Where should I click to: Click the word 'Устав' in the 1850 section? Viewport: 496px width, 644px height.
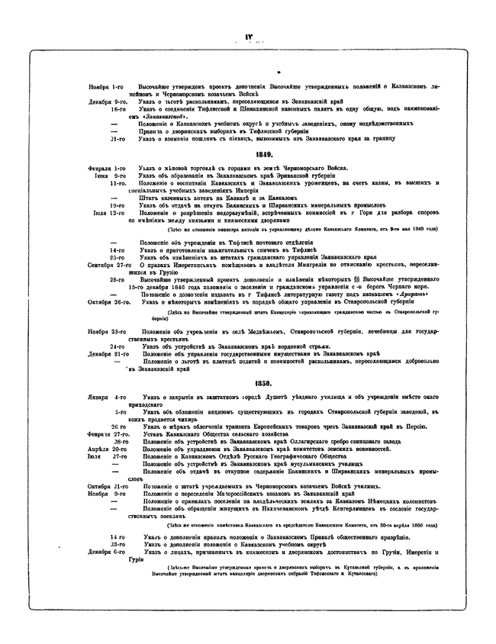pos(148,433)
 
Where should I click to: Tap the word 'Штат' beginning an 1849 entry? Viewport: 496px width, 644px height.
pos(148,198)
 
